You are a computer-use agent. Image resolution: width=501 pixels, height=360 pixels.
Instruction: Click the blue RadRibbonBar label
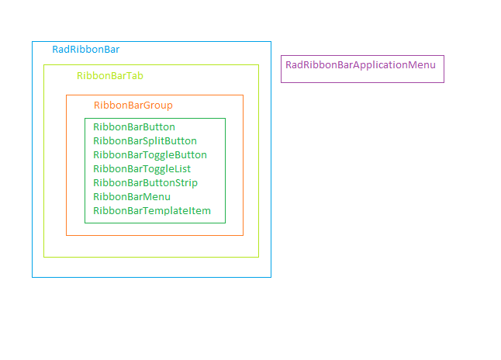click(85, 49)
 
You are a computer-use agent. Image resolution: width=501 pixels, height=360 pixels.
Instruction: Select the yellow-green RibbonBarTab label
click(109, 75)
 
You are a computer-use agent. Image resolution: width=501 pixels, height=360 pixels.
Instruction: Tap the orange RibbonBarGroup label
click(133, 105)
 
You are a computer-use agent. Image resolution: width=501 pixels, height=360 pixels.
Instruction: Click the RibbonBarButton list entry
click(133, 126)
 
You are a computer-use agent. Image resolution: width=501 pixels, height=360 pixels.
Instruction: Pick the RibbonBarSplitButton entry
click(144, 140)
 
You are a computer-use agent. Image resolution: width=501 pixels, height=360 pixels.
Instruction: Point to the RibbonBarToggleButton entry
click(150, 154)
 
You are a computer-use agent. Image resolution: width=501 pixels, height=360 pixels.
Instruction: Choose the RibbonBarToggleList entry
click(141, 168)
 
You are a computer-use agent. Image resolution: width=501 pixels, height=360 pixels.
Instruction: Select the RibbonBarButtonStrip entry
click(145, 182)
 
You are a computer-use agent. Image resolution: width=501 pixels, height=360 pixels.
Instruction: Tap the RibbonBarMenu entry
click(131, 196)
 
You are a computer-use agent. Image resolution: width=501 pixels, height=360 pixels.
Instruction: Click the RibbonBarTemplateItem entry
click(151, 210)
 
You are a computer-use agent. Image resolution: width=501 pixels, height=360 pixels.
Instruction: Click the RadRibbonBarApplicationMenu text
click(360, 64)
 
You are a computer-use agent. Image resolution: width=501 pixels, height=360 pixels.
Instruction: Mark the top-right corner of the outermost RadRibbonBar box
click(271, 41)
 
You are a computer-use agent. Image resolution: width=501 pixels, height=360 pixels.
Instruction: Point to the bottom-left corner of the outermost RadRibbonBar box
click(32, 277)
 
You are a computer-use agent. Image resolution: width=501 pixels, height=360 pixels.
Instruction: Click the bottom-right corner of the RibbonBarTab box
click(258, 257)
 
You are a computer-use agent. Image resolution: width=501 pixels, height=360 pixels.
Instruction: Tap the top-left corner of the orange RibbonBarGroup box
click(66, 95)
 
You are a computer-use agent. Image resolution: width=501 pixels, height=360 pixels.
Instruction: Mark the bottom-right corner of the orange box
click(243, 235)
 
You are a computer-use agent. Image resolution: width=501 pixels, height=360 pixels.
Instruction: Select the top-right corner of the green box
click(225, 118)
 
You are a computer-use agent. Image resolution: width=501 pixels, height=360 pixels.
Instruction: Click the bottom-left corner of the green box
click(85, 223)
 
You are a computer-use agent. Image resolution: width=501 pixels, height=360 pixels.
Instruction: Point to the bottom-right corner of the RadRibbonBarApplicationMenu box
click(444, 82)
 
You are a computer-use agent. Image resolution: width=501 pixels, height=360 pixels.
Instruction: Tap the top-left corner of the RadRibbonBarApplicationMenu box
click(281, 55)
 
